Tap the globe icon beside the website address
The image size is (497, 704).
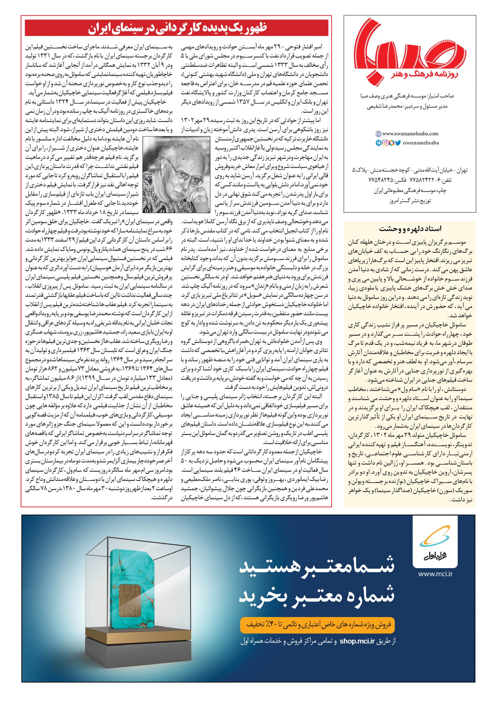378,134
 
